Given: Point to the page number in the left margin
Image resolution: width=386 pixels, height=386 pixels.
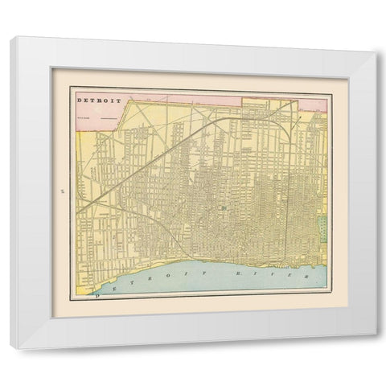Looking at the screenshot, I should click(60, 191).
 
